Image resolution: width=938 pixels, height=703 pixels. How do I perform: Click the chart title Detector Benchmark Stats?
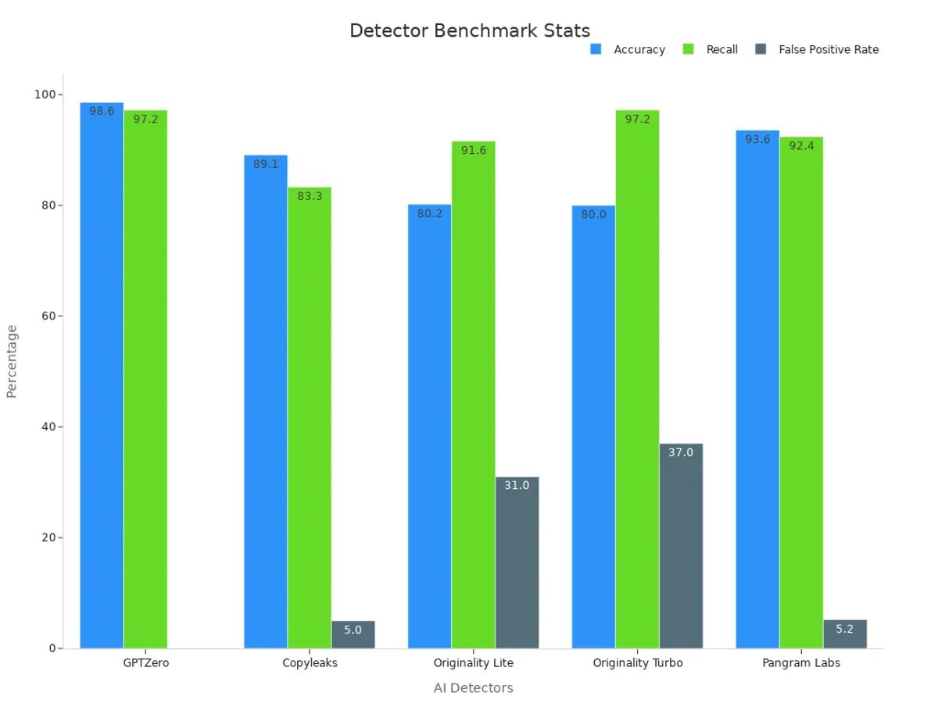[469, 30]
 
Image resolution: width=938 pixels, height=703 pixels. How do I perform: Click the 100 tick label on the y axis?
[44, 95]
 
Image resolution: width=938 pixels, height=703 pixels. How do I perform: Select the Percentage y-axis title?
[12, 362]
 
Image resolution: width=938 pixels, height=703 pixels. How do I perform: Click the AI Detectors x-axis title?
[473, 688]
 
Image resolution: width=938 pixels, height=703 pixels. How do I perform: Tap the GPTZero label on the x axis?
[145, 663]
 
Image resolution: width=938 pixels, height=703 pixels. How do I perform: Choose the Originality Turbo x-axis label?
[637, 663]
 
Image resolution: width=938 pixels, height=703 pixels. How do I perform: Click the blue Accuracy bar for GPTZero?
[102, 375]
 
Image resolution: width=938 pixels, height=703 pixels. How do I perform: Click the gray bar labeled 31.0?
[517, 562]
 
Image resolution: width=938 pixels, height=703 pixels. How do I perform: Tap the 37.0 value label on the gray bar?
[680, 452]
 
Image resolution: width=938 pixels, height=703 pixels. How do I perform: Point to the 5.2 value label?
[844, 629]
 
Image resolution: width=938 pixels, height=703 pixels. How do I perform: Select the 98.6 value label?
[102, 111]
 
